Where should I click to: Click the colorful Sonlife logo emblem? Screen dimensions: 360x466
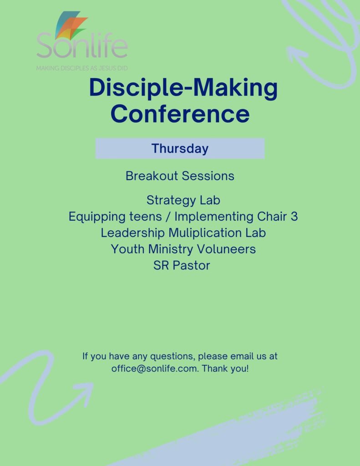(x=71, y=25)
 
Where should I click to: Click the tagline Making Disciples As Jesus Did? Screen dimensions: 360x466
(x=82, y=68)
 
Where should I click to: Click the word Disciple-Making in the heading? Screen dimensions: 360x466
(x=183, y=88)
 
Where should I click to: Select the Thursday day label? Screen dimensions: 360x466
(x=180, y=148)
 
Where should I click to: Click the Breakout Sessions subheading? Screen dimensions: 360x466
(x=180, y=176)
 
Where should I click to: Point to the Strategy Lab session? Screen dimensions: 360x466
(x=183, y=200)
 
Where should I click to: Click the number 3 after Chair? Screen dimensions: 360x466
(x=294, y=216)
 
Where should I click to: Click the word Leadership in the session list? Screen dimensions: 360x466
(x=132, y=233)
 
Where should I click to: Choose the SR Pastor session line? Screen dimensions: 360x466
(x=182, y=265)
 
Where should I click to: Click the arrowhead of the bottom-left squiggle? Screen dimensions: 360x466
(x=85, y=392)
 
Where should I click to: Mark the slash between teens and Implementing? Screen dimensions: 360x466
(x=168, y=217)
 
